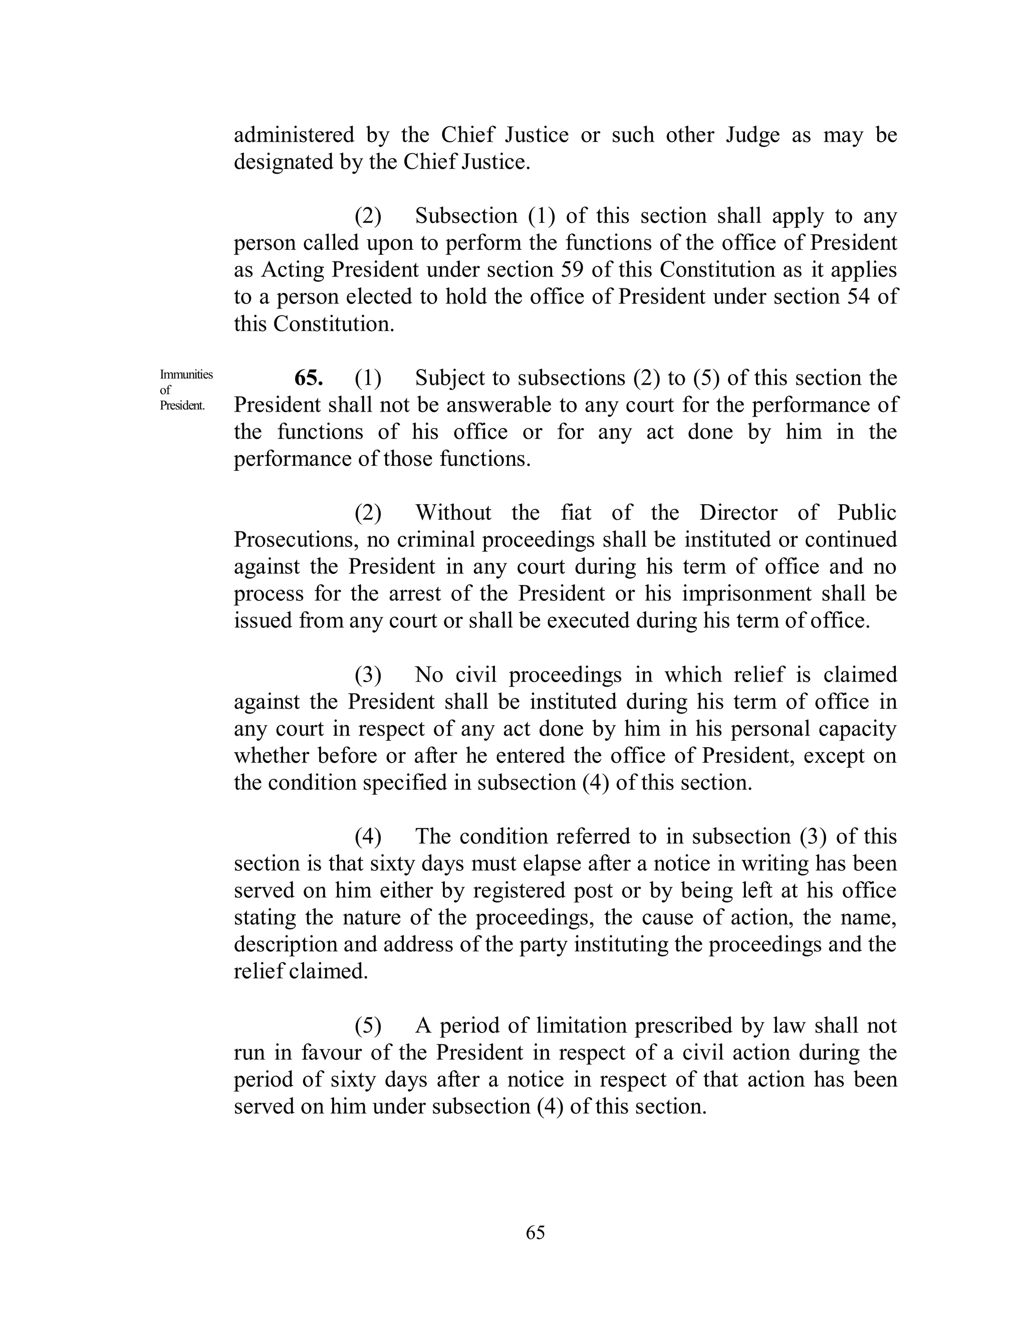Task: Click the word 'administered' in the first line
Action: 294,135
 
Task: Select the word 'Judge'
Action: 752,135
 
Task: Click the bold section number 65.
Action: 309,378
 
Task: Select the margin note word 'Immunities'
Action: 186,374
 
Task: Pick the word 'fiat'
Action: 576,513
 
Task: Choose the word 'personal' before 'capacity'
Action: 770,729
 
